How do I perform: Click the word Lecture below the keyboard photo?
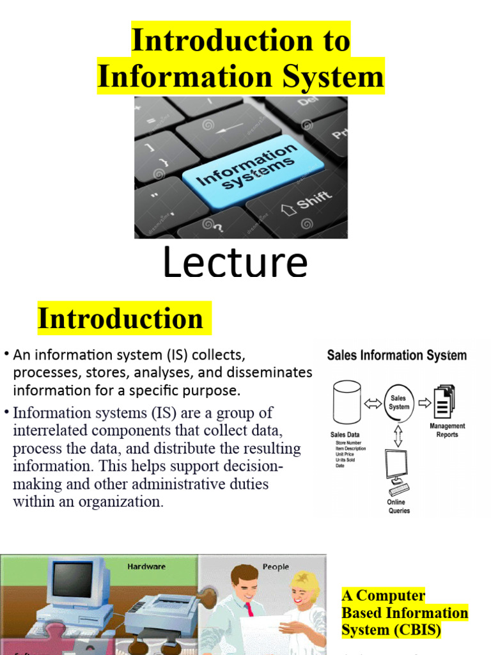[235, 263]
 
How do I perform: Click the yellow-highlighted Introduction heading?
[120, 319]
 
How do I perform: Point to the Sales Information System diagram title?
[396, 355]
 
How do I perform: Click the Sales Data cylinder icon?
[347, 402]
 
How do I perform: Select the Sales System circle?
[399, 402]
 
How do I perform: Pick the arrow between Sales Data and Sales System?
[373, 403]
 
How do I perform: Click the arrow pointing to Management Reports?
[423, 402]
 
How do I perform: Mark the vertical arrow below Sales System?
[398, 436]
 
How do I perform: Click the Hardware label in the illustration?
[146, 567]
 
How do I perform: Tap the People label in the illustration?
[276, 567]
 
